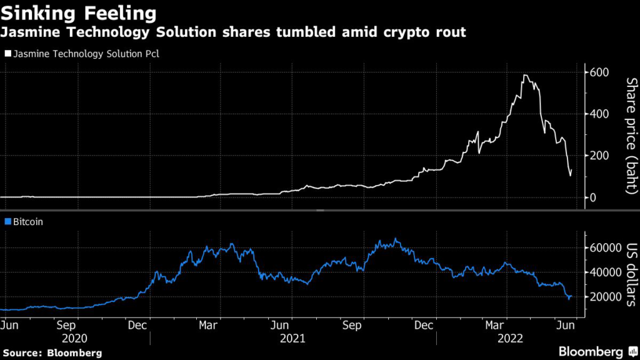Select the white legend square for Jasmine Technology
tap(7, 54)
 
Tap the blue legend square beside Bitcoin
tap(7, 222)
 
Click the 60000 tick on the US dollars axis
tap(603, 247)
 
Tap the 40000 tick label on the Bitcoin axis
tap(603, 272)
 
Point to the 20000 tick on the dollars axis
tap(603, 297)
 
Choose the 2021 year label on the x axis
tap(292, 338)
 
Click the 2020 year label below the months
tap(76, 338)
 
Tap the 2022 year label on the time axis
tap(509, 338)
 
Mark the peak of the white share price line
tap(526, 76)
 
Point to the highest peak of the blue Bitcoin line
tap(395, 239)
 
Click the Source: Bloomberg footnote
tap(51, 352)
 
